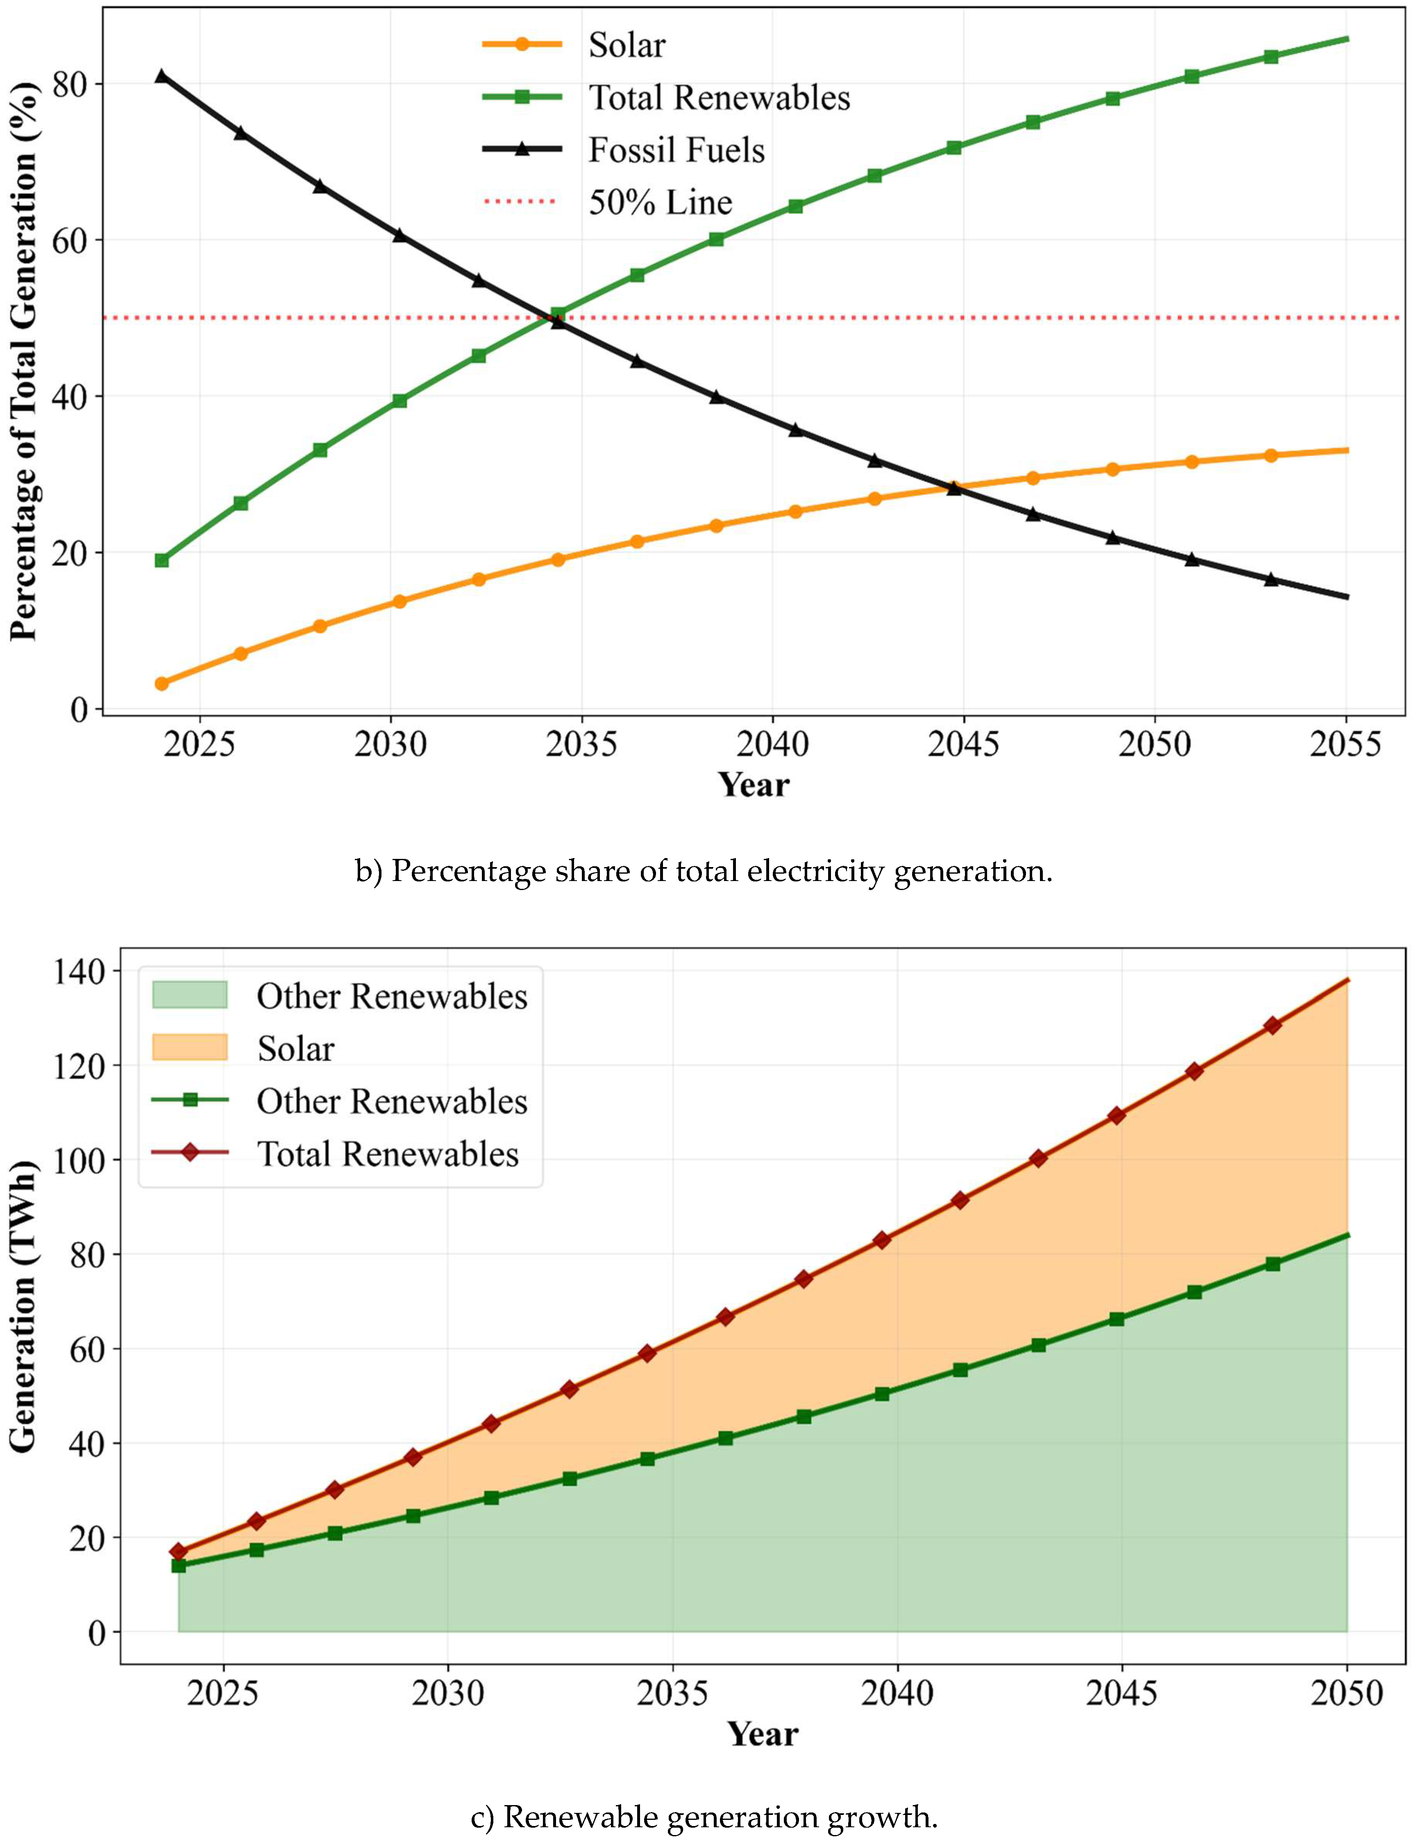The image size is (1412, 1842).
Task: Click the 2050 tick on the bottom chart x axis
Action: [x=1346, y=1692]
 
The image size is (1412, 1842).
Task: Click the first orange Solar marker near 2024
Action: [x=161, y=683]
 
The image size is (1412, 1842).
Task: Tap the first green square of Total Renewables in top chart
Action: [x=161, y=560]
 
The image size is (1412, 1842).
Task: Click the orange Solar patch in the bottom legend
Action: [x=190, y=1047]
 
